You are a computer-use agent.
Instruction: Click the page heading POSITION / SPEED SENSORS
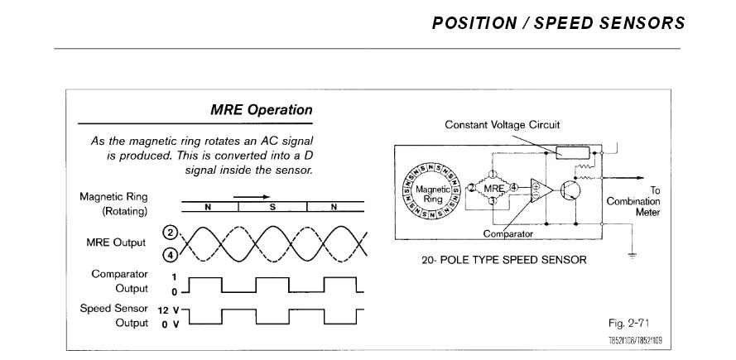click(558, 22)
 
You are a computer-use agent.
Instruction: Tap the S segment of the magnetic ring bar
click(272, 207)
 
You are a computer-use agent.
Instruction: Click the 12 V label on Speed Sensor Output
click(166, 309)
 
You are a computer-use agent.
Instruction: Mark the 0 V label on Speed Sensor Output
click(166, 323)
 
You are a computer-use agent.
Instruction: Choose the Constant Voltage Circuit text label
click(503, 125)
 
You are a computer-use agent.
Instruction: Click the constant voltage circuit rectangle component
click(571, 152)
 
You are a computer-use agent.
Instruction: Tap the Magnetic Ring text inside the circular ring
click(433, 194)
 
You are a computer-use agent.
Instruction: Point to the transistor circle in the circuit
click(570, 190)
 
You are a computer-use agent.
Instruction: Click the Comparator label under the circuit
click(508, 233)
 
